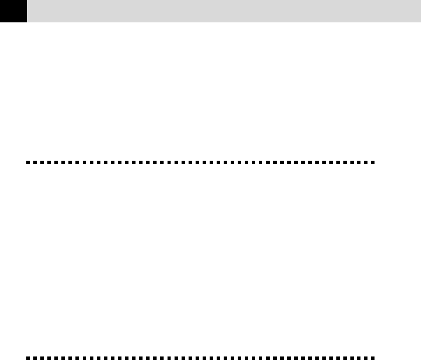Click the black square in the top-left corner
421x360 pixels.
click(x=13, y=11)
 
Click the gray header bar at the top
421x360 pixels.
click(x=224, y=11)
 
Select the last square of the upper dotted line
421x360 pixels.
click(x=373, y=162)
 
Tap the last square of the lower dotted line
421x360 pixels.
click(x=373, y=358)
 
